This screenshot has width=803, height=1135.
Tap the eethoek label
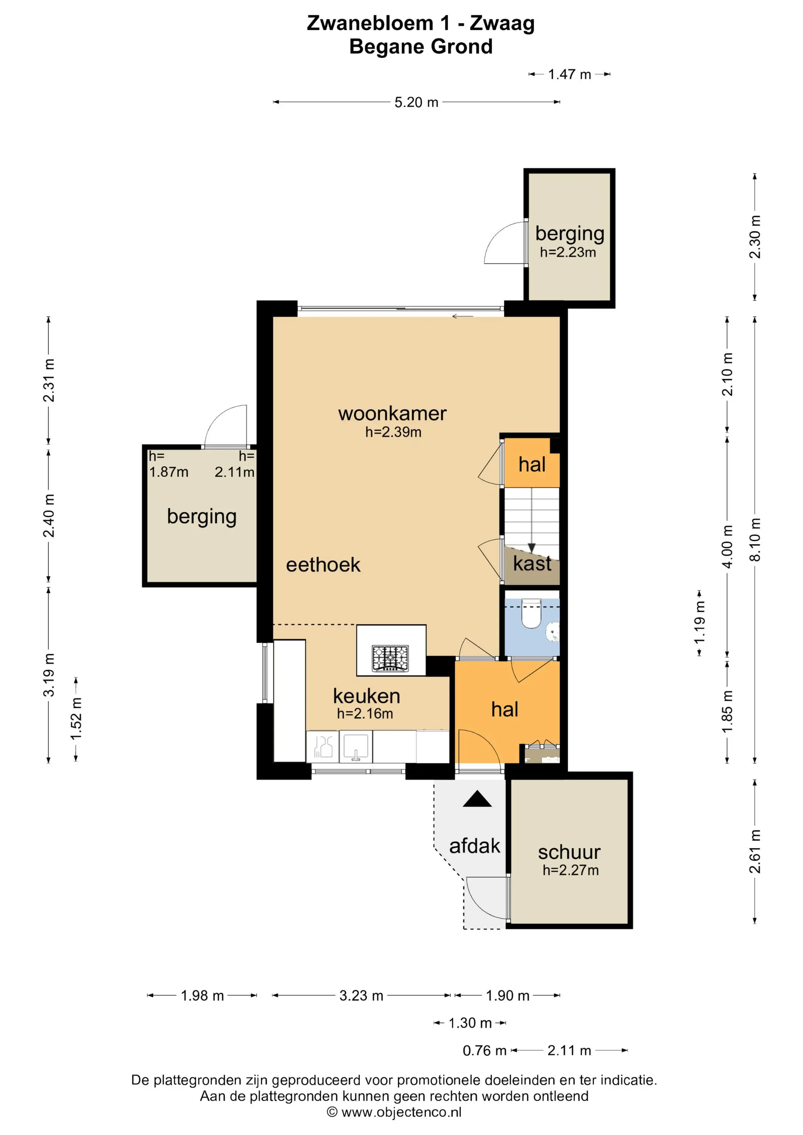coord(324,565)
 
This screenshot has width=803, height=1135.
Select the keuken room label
coord(366,696)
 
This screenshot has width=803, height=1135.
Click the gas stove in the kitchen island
coord(391,659)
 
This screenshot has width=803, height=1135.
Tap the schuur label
coord(569,852)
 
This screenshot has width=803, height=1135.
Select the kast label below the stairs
coord(532,564)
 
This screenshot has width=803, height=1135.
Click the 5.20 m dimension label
coord(416,102)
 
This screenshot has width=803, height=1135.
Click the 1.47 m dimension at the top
coord(570,75)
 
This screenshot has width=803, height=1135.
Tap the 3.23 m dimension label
coord(361,996)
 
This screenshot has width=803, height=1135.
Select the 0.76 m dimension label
coord(485,1051)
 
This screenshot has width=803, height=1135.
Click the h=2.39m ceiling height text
coord(394,432)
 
